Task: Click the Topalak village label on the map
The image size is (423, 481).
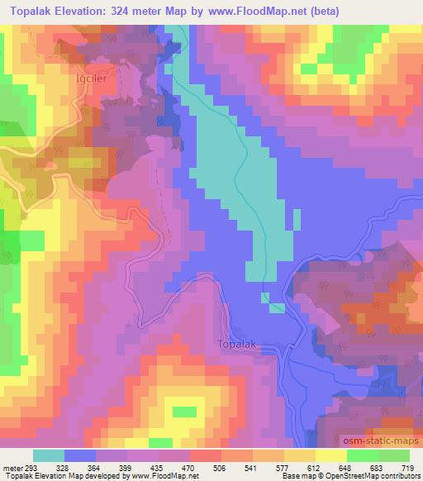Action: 239,344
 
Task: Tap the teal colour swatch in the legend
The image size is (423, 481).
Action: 49,455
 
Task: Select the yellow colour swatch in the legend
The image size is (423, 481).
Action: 299,455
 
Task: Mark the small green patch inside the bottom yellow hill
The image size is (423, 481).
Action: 184,411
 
